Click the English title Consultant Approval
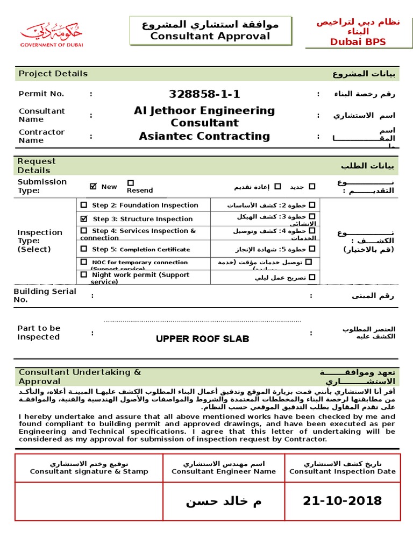click(210, 37)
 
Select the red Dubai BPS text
click(358, 42)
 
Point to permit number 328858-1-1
click(204, 94)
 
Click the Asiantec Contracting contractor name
click(204, 136)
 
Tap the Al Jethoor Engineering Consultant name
click(204, 117)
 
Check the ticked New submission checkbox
click(94, 186)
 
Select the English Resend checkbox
click(131, 183)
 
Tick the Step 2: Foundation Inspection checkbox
click(83, 205)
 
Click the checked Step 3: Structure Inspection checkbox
click(83, 219)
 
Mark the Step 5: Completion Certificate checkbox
click(83, 249)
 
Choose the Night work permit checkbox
click(83, 274)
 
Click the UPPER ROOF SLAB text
click(202, 339)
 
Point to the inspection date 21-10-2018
click(342, 501)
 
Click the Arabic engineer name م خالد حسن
click(224, 501)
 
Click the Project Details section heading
click(53, 74)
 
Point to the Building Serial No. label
click(45, 295)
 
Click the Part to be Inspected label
click(39, 333)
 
